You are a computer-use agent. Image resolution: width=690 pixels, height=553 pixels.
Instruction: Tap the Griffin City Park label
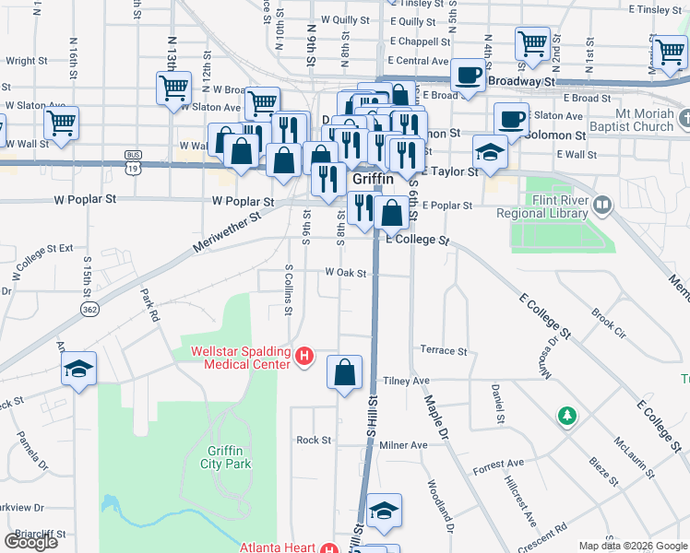click(x=227, y=457)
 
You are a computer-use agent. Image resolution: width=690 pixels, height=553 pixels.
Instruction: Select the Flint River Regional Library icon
click(x=603, y=203)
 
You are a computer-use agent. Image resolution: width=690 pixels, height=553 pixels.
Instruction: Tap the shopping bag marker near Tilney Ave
click(x=344, y=373)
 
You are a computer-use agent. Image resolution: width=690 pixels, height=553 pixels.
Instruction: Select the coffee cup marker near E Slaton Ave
click(x=511, y=118)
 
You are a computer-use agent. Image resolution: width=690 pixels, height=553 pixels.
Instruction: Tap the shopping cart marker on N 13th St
click(x=172, y=88)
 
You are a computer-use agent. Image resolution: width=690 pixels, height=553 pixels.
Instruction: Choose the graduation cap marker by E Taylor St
click(x=490, y=151)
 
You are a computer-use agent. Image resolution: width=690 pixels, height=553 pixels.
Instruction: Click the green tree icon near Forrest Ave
click(x=566, y=417)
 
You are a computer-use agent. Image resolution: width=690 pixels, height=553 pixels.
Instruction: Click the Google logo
click(x=30, y=542)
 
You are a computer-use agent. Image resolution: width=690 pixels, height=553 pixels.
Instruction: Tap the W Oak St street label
click(x=345, y=273)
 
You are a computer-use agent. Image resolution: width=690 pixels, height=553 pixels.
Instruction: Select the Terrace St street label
click(x=443, y=351)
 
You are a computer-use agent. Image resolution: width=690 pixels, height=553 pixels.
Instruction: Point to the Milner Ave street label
click(x=403, y=445)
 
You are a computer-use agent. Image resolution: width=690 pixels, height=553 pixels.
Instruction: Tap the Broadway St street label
click(x=524, y=81)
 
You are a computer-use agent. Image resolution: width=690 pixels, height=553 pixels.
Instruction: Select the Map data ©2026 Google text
click(x=632, y=546)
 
